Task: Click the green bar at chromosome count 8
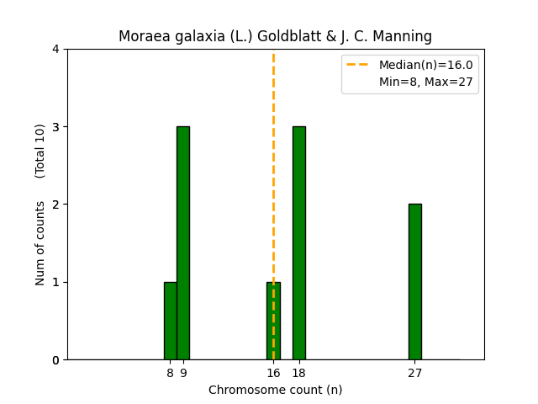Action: point(170,321)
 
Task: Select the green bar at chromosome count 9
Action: point(183,243)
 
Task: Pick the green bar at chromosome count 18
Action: point(299,243)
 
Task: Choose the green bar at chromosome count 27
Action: point(415,282)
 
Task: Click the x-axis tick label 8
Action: point(170,373)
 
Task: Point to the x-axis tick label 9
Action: point(183,373)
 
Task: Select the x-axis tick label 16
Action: point(273,373)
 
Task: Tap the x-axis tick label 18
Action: point(299,373)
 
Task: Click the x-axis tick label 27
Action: point(415,373)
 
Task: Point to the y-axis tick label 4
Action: point(55,50)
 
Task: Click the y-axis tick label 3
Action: point(55,127)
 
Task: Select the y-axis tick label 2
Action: point(55,205)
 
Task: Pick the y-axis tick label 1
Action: point(55,282)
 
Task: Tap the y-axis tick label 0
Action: point(55,360)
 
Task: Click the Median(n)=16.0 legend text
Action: point(425,65)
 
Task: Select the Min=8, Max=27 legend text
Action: point(425,81)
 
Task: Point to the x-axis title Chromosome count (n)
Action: point(275,390)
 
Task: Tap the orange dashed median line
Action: point(273,168)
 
